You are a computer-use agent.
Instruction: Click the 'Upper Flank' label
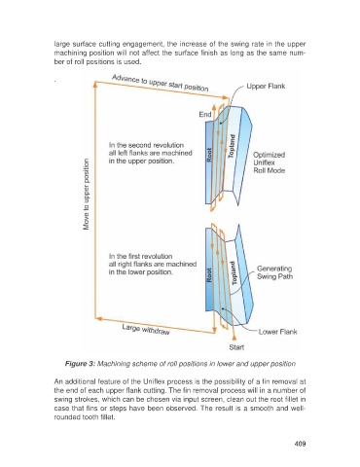[x=266, y=87]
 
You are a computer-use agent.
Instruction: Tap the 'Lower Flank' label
[x=277, y=332]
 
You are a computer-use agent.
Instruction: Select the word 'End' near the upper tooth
[x=205, y=114]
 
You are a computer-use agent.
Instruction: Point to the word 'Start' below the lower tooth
[x=236, y=347]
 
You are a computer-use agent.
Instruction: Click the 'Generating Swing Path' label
[x=274, y=272]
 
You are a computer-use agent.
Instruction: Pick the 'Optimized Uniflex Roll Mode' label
[x=270, y=162]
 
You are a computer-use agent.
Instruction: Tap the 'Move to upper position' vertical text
[x=87, y=195]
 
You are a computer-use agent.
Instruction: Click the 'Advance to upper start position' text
[x=161, y=83]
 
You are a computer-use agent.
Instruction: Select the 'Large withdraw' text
[x=146, y=330]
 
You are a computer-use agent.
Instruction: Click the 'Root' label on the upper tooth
[x=209, y=155]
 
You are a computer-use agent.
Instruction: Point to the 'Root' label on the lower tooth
[x=209, y=274]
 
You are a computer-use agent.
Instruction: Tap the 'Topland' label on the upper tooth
[x=232, y=146]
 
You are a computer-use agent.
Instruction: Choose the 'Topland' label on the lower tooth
[x=234, y=273]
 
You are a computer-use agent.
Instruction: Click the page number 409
[x=300, y=444]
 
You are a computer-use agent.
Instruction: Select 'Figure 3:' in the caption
[x=80, y=364]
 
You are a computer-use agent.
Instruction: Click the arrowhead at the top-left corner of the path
[x=95, y=84]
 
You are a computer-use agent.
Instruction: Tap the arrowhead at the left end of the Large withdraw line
[x=99, y=319]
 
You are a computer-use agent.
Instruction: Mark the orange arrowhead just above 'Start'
[x=234, y=338]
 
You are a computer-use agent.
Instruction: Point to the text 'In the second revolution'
[x=146, y=145]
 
